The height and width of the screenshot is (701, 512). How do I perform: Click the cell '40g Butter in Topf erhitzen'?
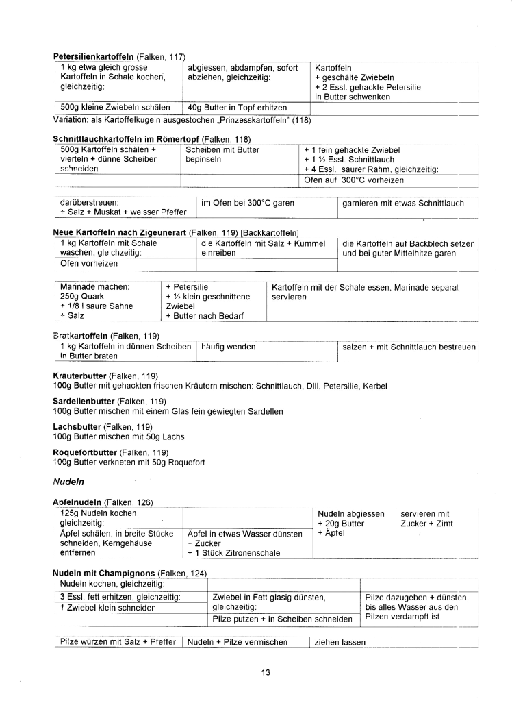(x=237, y=108)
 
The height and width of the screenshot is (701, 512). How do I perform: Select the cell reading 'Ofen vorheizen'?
(x=90, y=263)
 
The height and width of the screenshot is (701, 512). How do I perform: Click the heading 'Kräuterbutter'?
(x=81, y=376)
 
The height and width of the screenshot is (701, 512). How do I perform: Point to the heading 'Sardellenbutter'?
(x=84, y=401)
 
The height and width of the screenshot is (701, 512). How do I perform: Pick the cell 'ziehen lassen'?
(x=340, y=643)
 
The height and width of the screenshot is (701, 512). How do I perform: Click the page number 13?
(x=266, y=672)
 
